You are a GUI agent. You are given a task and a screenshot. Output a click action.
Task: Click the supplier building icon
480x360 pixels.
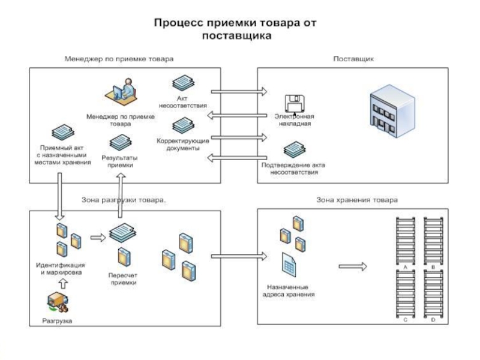(x=393, y=110)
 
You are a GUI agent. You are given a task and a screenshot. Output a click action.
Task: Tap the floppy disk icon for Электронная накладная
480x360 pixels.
(x=293, y=103)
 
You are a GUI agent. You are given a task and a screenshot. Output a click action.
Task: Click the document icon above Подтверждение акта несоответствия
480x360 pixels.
(x=293, y=150)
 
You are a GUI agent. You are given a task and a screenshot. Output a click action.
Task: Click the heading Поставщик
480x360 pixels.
(x=353, y=59)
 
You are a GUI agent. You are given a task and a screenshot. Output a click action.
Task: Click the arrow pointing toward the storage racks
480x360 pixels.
(x=355, y=266)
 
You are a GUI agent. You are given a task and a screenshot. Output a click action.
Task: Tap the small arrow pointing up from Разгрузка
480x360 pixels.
(x=58, y=282)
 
